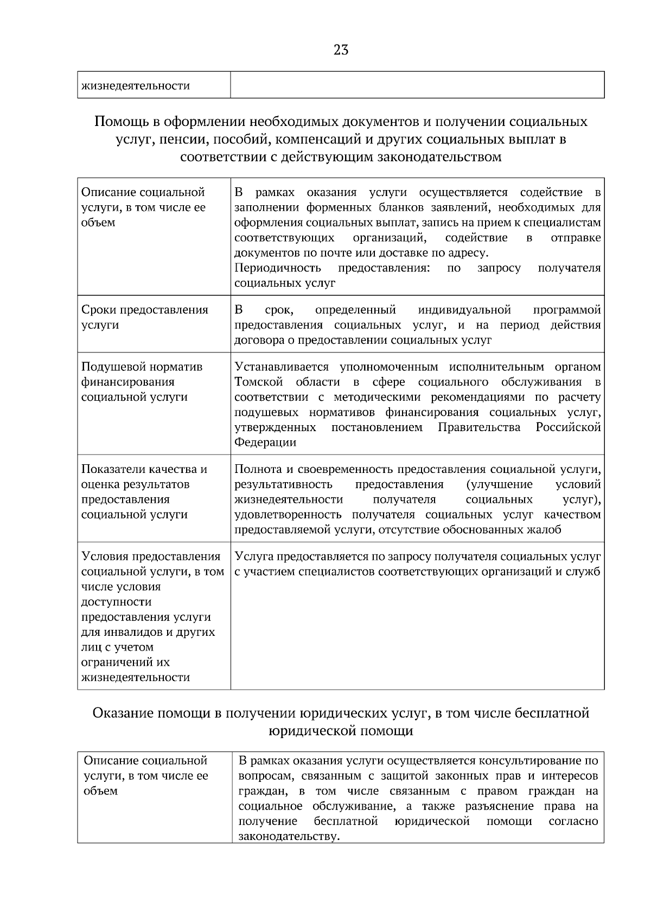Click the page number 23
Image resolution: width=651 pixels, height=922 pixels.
click(341, 50)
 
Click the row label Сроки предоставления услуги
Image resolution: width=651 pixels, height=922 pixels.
click(144, 317)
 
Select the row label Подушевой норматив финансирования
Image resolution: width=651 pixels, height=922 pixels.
click(142, 374)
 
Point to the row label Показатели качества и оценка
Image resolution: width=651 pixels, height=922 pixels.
click(144, 477)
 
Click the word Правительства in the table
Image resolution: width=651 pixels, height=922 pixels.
click(479, 427)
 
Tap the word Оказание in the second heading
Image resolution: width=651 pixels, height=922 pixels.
click(123, 713)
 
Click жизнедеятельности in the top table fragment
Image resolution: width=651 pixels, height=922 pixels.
click(136, 86)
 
